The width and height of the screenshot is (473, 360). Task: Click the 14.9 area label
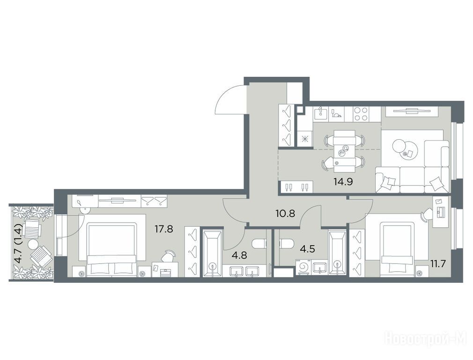click(343, 181)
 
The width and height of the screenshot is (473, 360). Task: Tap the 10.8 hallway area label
click(285, 214)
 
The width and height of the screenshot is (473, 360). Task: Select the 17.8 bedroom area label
click(164, 230)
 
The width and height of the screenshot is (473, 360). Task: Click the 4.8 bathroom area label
click(239, 255)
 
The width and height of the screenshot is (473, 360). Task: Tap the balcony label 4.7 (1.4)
click(19, 243)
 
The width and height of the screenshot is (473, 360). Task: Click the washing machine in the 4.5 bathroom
click(304, 267)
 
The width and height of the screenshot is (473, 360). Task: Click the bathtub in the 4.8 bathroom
click(213, 253)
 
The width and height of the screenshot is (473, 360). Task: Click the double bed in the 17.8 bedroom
click(112, 249)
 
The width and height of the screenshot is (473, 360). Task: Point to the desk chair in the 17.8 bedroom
click(168, 256)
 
